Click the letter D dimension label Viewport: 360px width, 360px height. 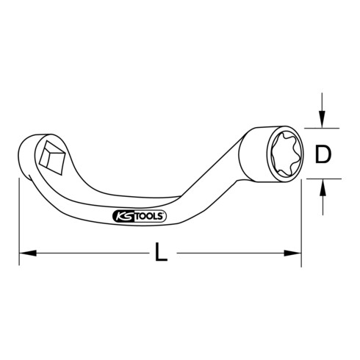click(x=323, y=155)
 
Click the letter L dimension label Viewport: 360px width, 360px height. click(x=162, y=256)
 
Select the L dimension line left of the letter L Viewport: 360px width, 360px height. click(x=88, y=254)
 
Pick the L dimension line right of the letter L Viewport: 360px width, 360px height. click(x=235, y=254)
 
